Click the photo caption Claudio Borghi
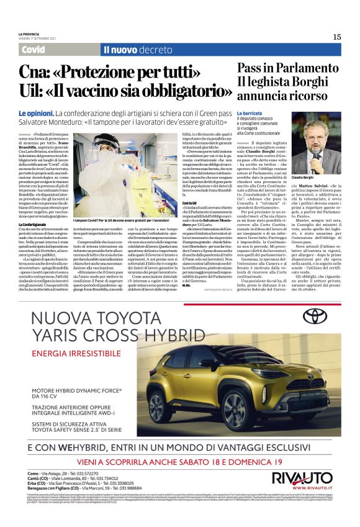(320, 178)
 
